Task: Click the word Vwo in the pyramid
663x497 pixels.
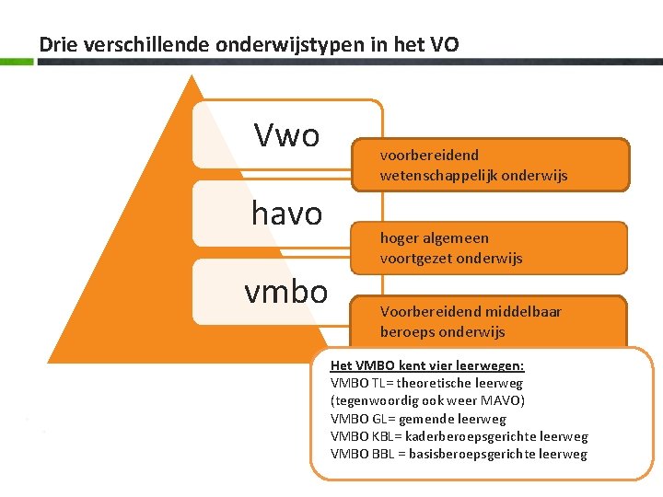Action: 286,136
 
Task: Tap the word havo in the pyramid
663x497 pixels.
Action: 286,214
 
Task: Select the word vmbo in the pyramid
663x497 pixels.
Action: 285,292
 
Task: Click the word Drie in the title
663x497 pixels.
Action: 54,43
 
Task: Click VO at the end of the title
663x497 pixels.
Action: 442,43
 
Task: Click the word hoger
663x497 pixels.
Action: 399,238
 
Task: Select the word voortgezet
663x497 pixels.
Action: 415,259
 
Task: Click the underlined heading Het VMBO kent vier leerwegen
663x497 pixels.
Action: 427,365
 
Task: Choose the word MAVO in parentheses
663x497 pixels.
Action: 501,400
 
